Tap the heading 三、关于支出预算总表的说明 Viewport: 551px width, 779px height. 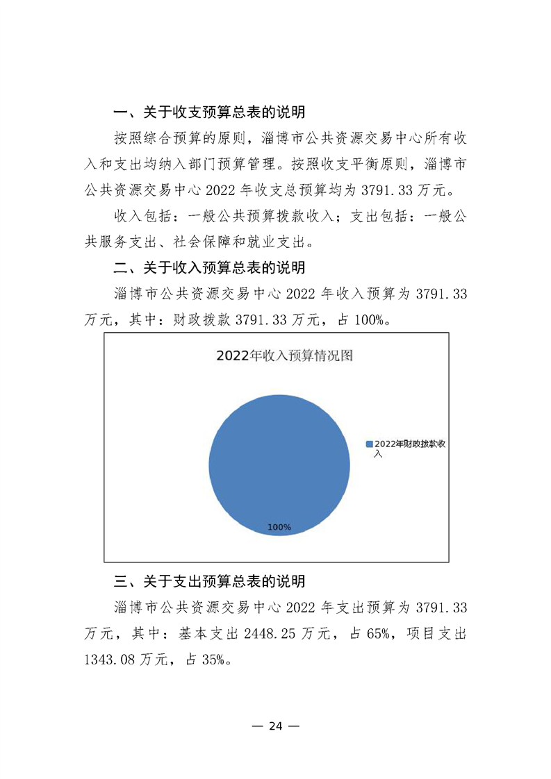(x=210, y=581)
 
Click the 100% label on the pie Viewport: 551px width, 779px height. (x=279, y=528)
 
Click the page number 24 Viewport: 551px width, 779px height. (x=275, y=726)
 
